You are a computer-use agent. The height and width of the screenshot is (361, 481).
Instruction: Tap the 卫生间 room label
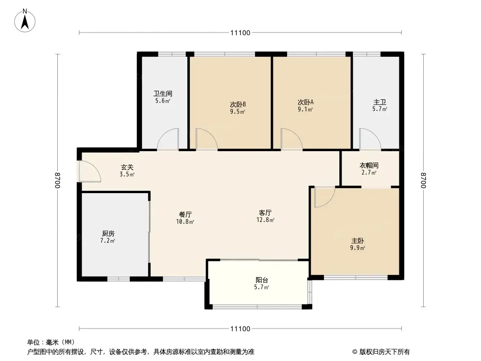coord(162,94)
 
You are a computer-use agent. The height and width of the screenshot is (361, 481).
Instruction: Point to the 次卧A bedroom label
coord(305,102)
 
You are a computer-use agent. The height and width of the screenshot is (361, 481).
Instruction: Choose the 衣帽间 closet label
coord(369,165)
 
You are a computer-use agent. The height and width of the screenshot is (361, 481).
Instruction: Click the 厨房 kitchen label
coord(108,234)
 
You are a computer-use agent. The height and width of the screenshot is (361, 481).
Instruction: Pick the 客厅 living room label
coord(265,213)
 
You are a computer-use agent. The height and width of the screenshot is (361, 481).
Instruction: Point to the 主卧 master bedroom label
coord(356,241)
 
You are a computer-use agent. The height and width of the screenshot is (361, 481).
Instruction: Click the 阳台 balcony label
coord(261,280)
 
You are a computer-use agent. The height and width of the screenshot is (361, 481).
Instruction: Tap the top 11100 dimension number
coord(240,32)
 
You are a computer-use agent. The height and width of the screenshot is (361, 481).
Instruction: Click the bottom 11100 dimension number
coord(240,329)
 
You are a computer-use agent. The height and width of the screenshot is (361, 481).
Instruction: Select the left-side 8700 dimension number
coord(57,180)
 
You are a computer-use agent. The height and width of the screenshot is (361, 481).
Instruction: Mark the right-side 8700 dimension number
coord(423,180)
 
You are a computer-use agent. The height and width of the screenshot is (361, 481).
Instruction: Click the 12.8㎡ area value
coord(265,221)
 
